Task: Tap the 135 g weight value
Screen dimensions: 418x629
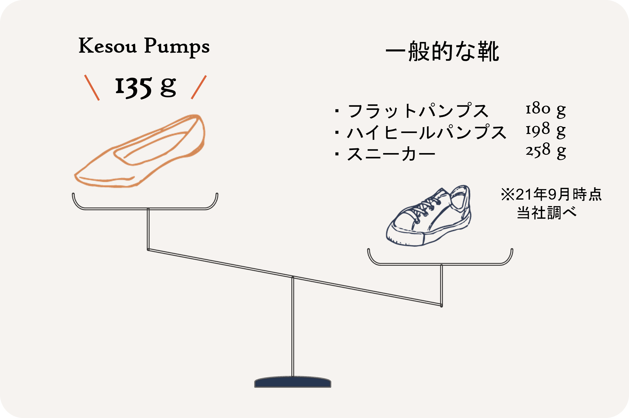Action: (x=146, y=87)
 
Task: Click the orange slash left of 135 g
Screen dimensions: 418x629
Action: (x=92, y=87)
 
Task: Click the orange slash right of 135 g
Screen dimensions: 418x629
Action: (x=199, y=87)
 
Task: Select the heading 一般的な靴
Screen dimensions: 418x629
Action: (x=442, y=51)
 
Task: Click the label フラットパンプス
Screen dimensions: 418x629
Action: (x=418, y=111)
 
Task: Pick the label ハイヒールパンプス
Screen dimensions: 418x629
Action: (x=426, y=132)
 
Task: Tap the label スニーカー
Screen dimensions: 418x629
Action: (x=391, y=154)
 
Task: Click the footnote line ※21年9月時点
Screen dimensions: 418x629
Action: (x=551, y=194)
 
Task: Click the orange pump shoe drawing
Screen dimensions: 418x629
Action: (x=140, y=151)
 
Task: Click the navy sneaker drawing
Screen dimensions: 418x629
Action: (x=429, y=216)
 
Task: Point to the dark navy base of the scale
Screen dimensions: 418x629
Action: (x=293, y=382)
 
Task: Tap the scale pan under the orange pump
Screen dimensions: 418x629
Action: (x=145, y=208)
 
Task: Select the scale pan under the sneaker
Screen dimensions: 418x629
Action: (x=440, y=264)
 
